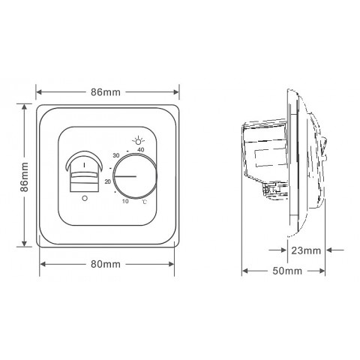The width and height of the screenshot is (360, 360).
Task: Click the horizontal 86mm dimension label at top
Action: click(106, 92)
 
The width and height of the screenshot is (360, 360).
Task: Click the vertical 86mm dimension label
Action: click(24, 177)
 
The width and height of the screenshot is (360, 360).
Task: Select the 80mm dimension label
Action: click(106, 264)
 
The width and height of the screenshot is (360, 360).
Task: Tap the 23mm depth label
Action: click(306, 250)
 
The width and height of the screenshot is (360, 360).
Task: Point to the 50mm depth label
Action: click(287, 271)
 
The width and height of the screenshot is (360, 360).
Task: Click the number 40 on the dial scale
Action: click(141, 150)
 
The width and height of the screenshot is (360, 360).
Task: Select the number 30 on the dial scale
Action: click(116, 155)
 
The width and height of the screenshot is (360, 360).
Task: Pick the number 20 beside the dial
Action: click(108, 181)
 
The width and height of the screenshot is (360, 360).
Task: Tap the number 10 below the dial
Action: click(125, 201)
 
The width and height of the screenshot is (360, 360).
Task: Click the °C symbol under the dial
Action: click(145, 202)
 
